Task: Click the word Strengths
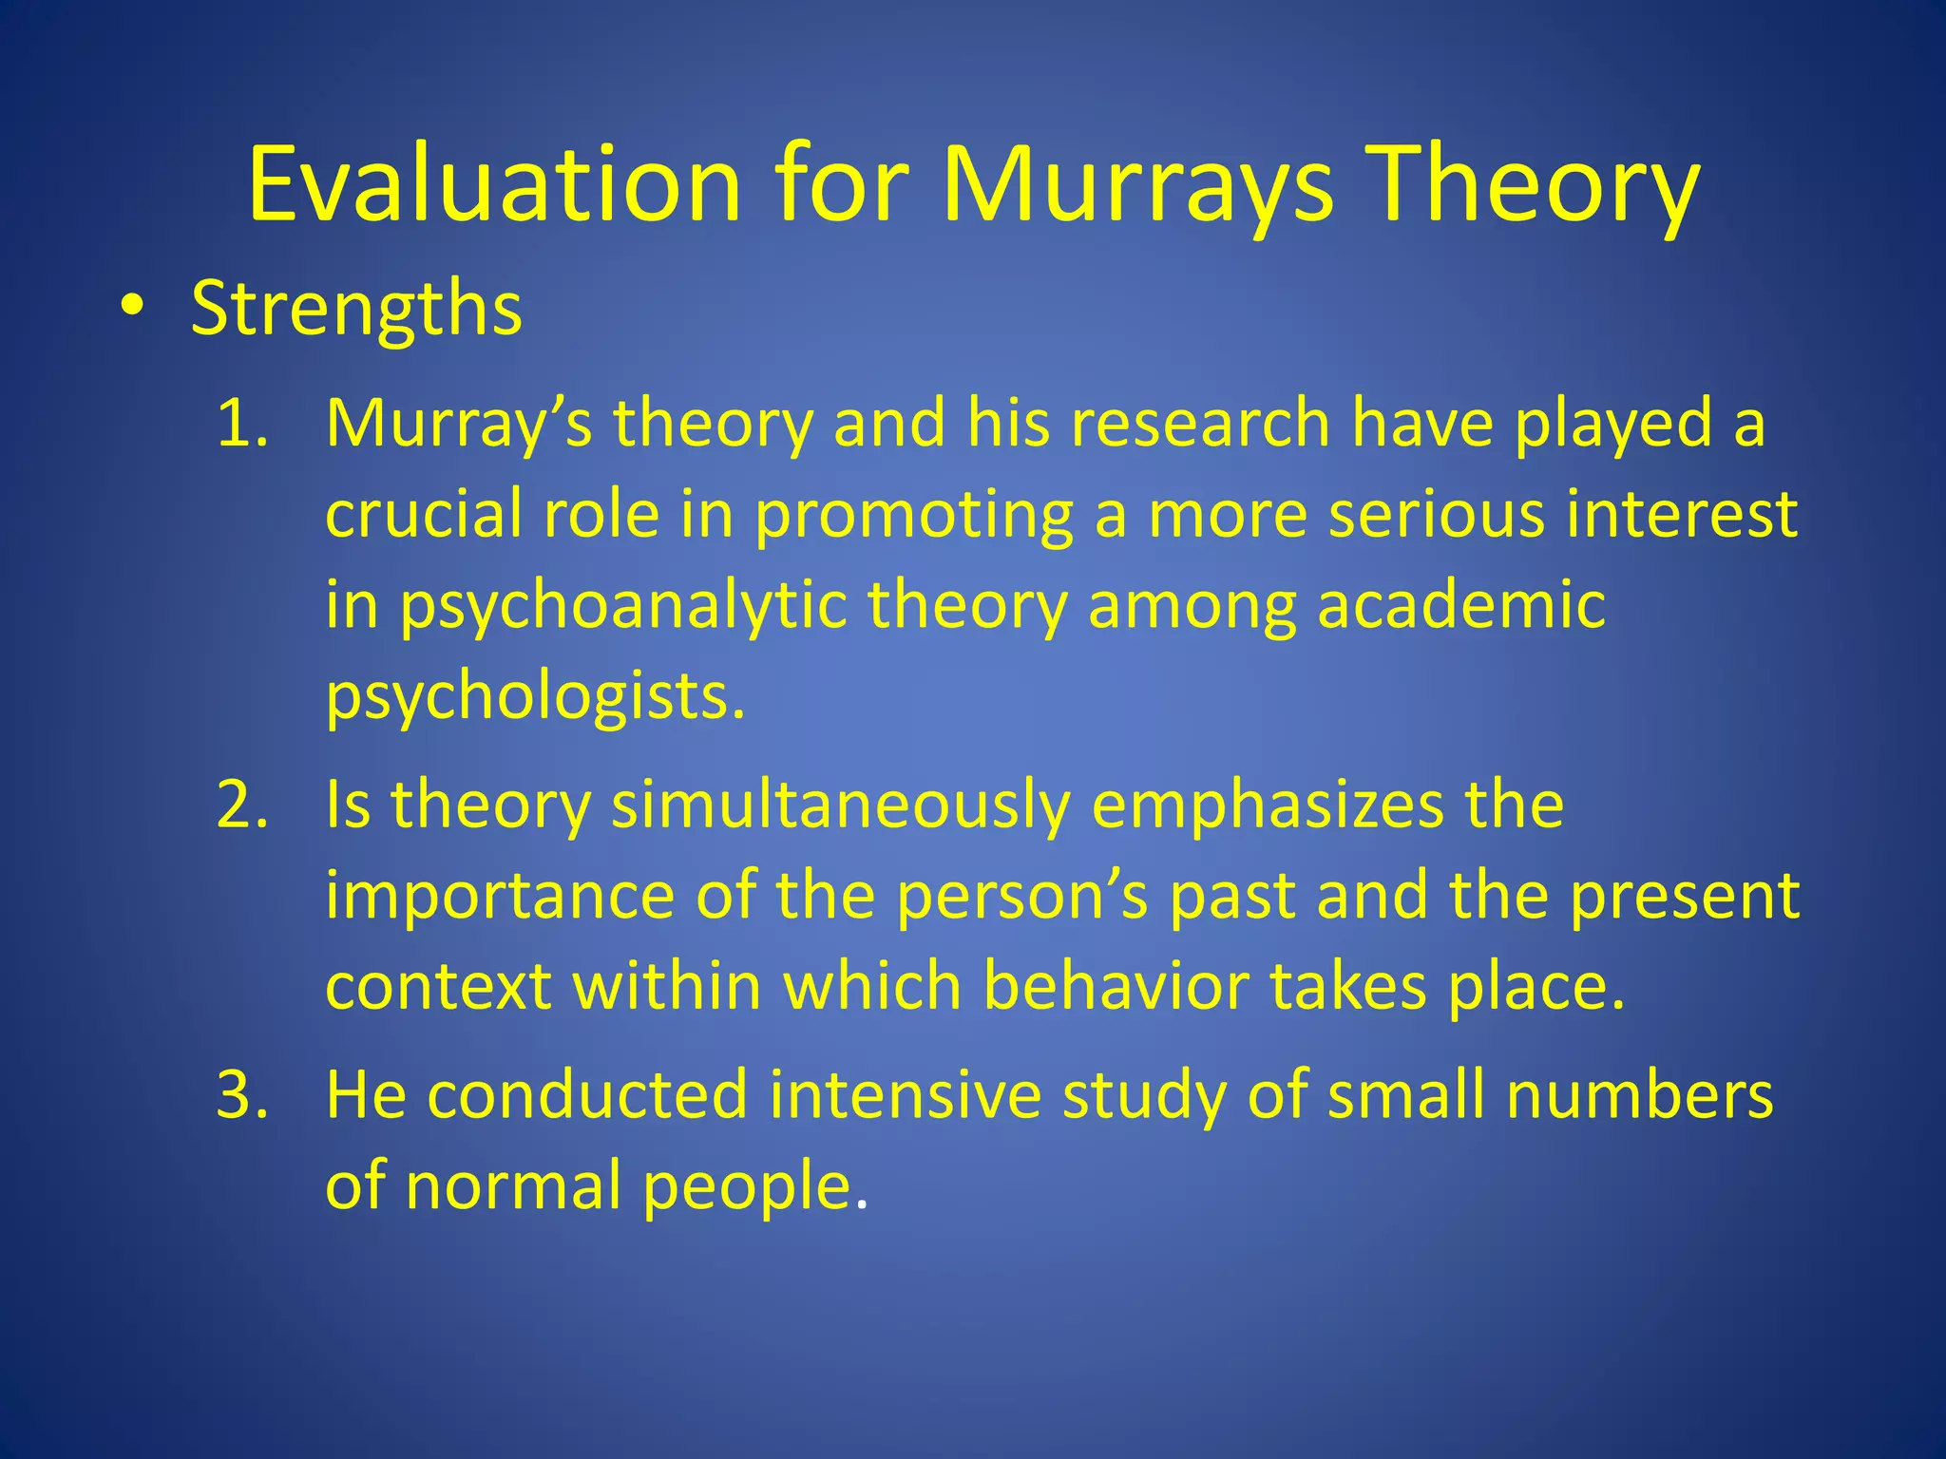coord(356,308)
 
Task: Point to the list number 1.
coord(242,423)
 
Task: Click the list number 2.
coord(242,805)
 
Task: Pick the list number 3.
coord(242,1094)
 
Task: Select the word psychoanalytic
coord(622,606)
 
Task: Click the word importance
coord(500,896)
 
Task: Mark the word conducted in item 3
coord(587,1094)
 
